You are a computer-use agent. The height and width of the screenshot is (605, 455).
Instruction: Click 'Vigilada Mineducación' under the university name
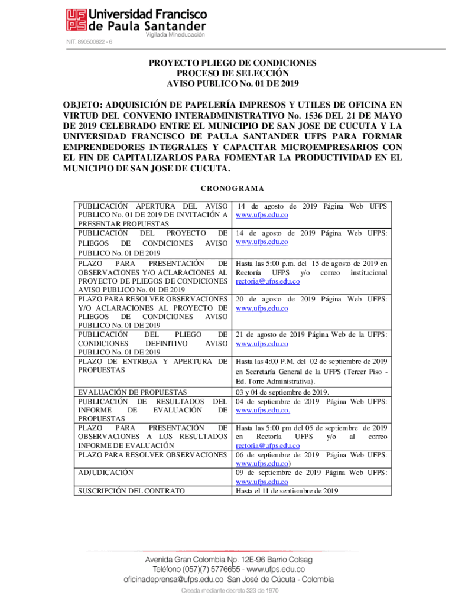(x=175, y=35)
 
